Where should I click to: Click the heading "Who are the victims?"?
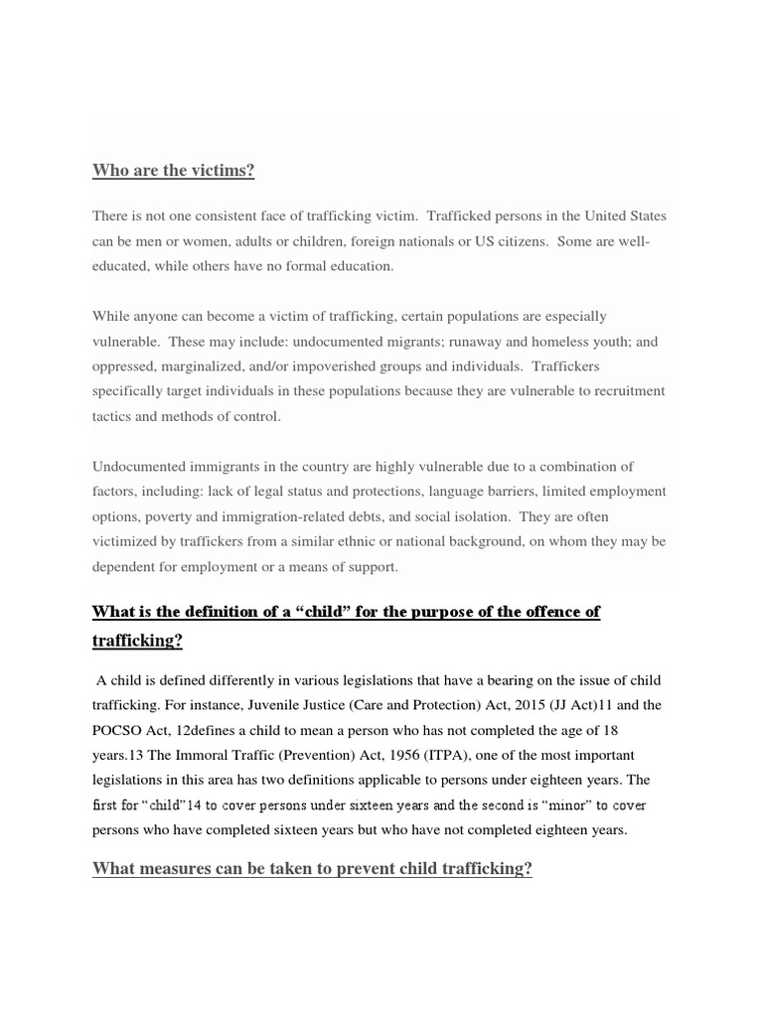point(174,171)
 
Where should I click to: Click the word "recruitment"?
point(629,391)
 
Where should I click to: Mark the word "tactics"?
point(111,416)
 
